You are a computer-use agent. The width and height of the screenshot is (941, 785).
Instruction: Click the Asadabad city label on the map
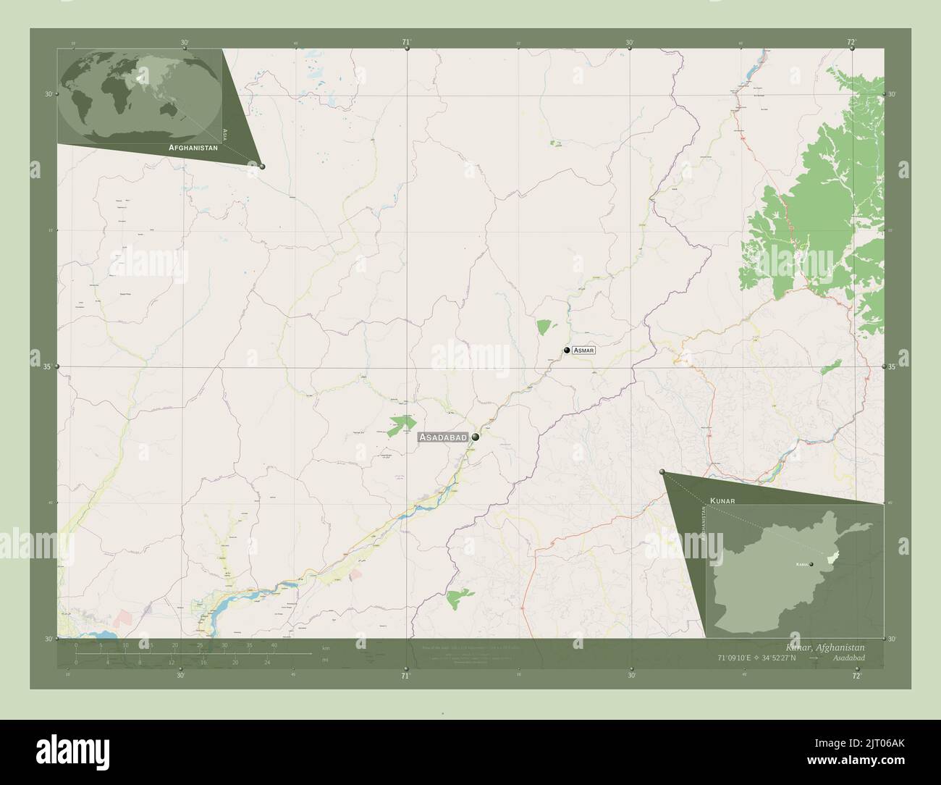point(443,437)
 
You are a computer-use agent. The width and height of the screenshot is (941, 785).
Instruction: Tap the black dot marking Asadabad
point(476,437)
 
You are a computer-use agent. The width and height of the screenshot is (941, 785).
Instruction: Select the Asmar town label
point(583,350)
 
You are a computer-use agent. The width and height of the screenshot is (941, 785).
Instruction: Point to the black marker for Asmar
point(567,350)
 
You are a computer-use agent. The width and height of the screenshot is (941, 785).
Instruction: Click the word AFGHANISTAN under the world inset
point(193,147)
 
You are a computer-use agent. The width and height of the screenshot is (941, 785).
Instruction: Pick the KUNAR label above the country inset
point(723,500)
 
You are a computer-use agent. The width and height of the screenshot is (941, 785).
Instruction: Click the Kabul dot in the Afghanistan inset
point(811,564)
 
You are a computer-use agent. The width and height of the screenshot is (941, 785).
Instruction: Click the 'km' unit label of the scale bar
point(326,647)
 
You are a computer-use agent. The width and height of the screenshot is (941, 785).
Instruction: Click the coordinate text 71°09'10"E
point(736,658)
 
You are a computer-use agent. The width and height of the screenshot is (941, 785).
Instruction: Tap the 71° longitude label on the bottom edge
point(405,676)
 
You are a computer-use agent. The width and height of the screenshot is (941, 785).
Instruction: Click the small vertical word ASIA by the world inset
point(225,134)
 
